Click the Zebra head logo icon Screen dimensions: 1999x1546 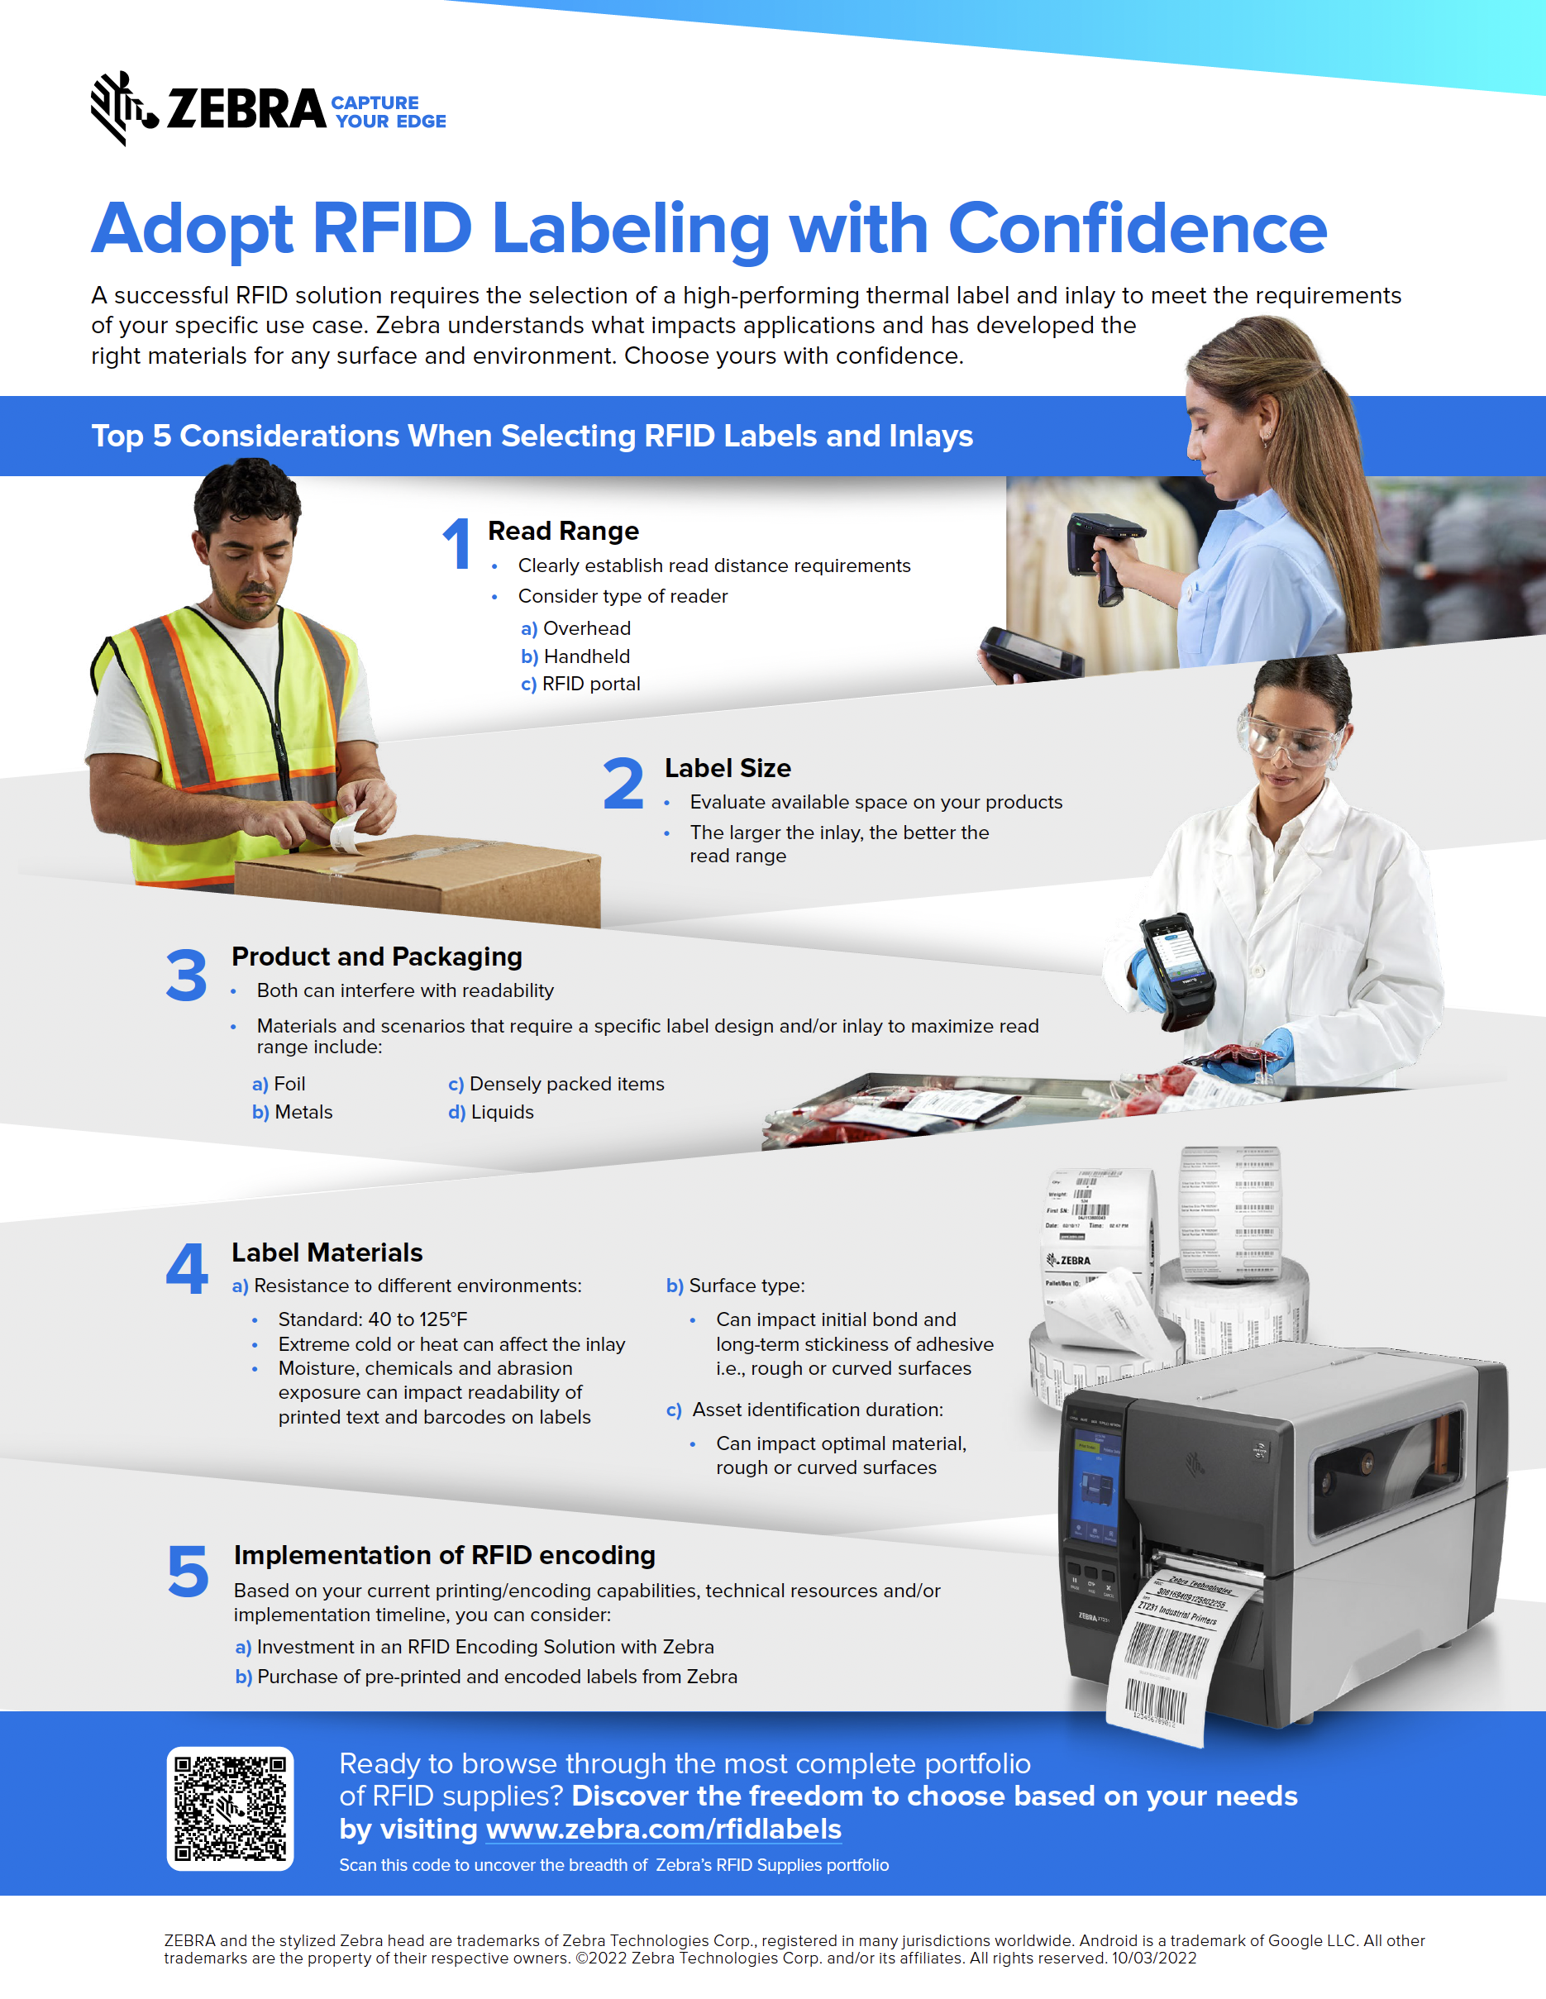tap(117, 107)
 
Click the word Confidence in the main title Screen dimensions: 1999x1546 tap(1137, 228)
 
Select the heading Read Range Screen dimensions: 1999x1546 tap(563, 531)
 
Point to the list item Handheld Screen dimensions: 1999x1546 tap(586, 656)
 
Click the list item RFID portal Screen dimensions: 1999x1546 tap(590, 684)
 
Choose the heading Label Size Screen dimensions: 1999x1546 tap(728, 768)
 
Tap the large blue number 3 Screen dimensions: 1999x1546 tap(187, 975)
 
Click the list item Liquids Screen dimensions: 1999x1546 tap(502, 1112)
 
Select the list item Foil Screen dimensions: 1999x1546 tap(289, 1084)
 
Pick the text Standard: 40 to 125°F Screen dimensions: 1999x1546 tap(373, 1319)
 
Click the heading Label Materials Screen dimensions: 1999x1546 tap(327, 1252)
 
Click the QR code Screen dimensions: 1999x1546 tap(230, 1809)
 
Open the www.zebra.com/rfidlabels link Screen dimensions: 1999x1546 tap(664, 1829)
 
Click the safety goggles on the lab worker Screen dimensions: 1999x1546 tap(1292, 740)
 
